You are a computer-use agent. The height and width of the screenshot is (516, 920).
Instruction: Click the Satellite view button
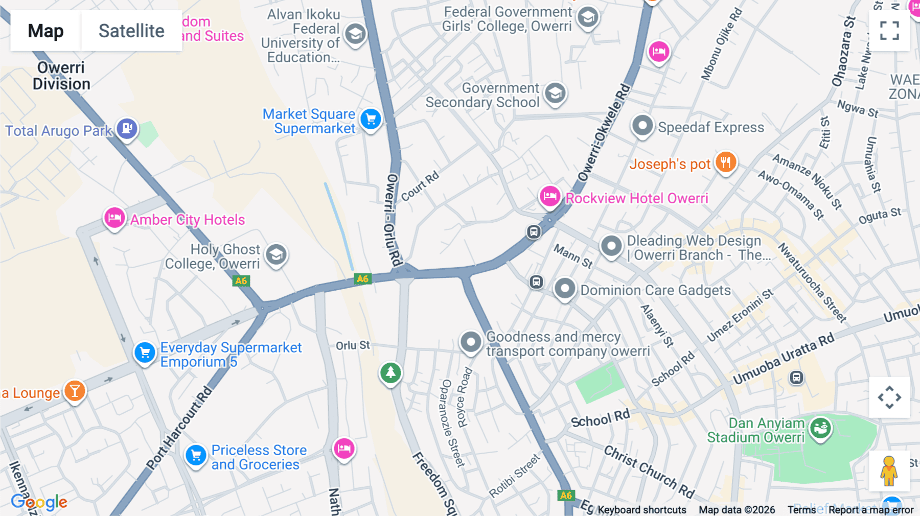(131, 31)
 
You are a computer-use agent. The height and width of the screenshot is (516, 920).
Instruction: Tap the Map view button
(45, 31)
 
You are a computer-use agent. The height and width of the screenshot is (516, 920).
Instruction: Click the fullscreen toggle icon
(889, 31)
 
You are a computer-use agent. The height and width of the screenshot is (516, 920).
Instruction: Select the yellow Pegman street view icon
(889, 471)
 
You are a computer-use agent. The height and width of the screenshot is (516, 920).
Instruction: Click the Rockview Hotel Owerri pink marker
(550, 196)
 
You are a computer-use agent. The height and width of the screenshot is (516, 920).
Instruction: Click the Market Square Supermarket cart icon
(371, 120)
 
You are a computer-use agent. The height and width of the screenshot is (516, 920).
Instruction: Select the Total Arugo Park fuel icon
(127, 128)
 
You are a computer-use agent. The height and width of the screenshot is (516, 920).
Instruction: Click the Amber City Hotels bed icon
(114, 218)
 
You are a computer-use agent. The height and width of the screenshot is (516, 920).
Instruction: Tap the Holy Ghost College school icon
(276, 254)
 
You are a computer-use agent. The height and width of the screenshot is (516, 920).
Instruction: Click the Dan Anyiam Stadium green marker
(820, 428)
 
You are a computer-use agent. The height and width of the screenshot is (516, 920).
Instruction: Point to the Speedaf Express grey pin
(642, 125)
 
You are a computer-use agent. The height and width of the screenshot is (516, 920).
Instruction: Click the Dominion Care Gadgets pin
(565, 289)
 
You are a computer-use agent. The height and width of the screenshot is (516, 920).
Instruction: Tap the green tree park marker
(390, 372)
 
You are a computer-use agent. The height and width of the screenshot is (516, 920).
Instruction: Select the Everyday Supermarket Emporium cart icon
(145, 353)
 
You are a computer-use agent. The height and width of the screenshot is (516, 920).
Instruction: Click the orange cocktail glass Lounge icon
(75, 391)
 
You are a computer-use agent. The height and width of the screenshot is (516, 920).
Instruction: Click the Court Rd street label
(420, 186)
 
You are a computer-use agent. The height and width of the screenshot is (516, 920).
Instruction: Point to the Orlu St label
(353, 345)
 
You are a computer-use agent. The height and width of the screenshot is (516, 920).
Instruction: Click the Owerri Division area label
(61, 76)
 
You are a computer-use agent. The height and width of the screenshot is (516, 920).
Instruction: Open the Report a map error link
(871, 510)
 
